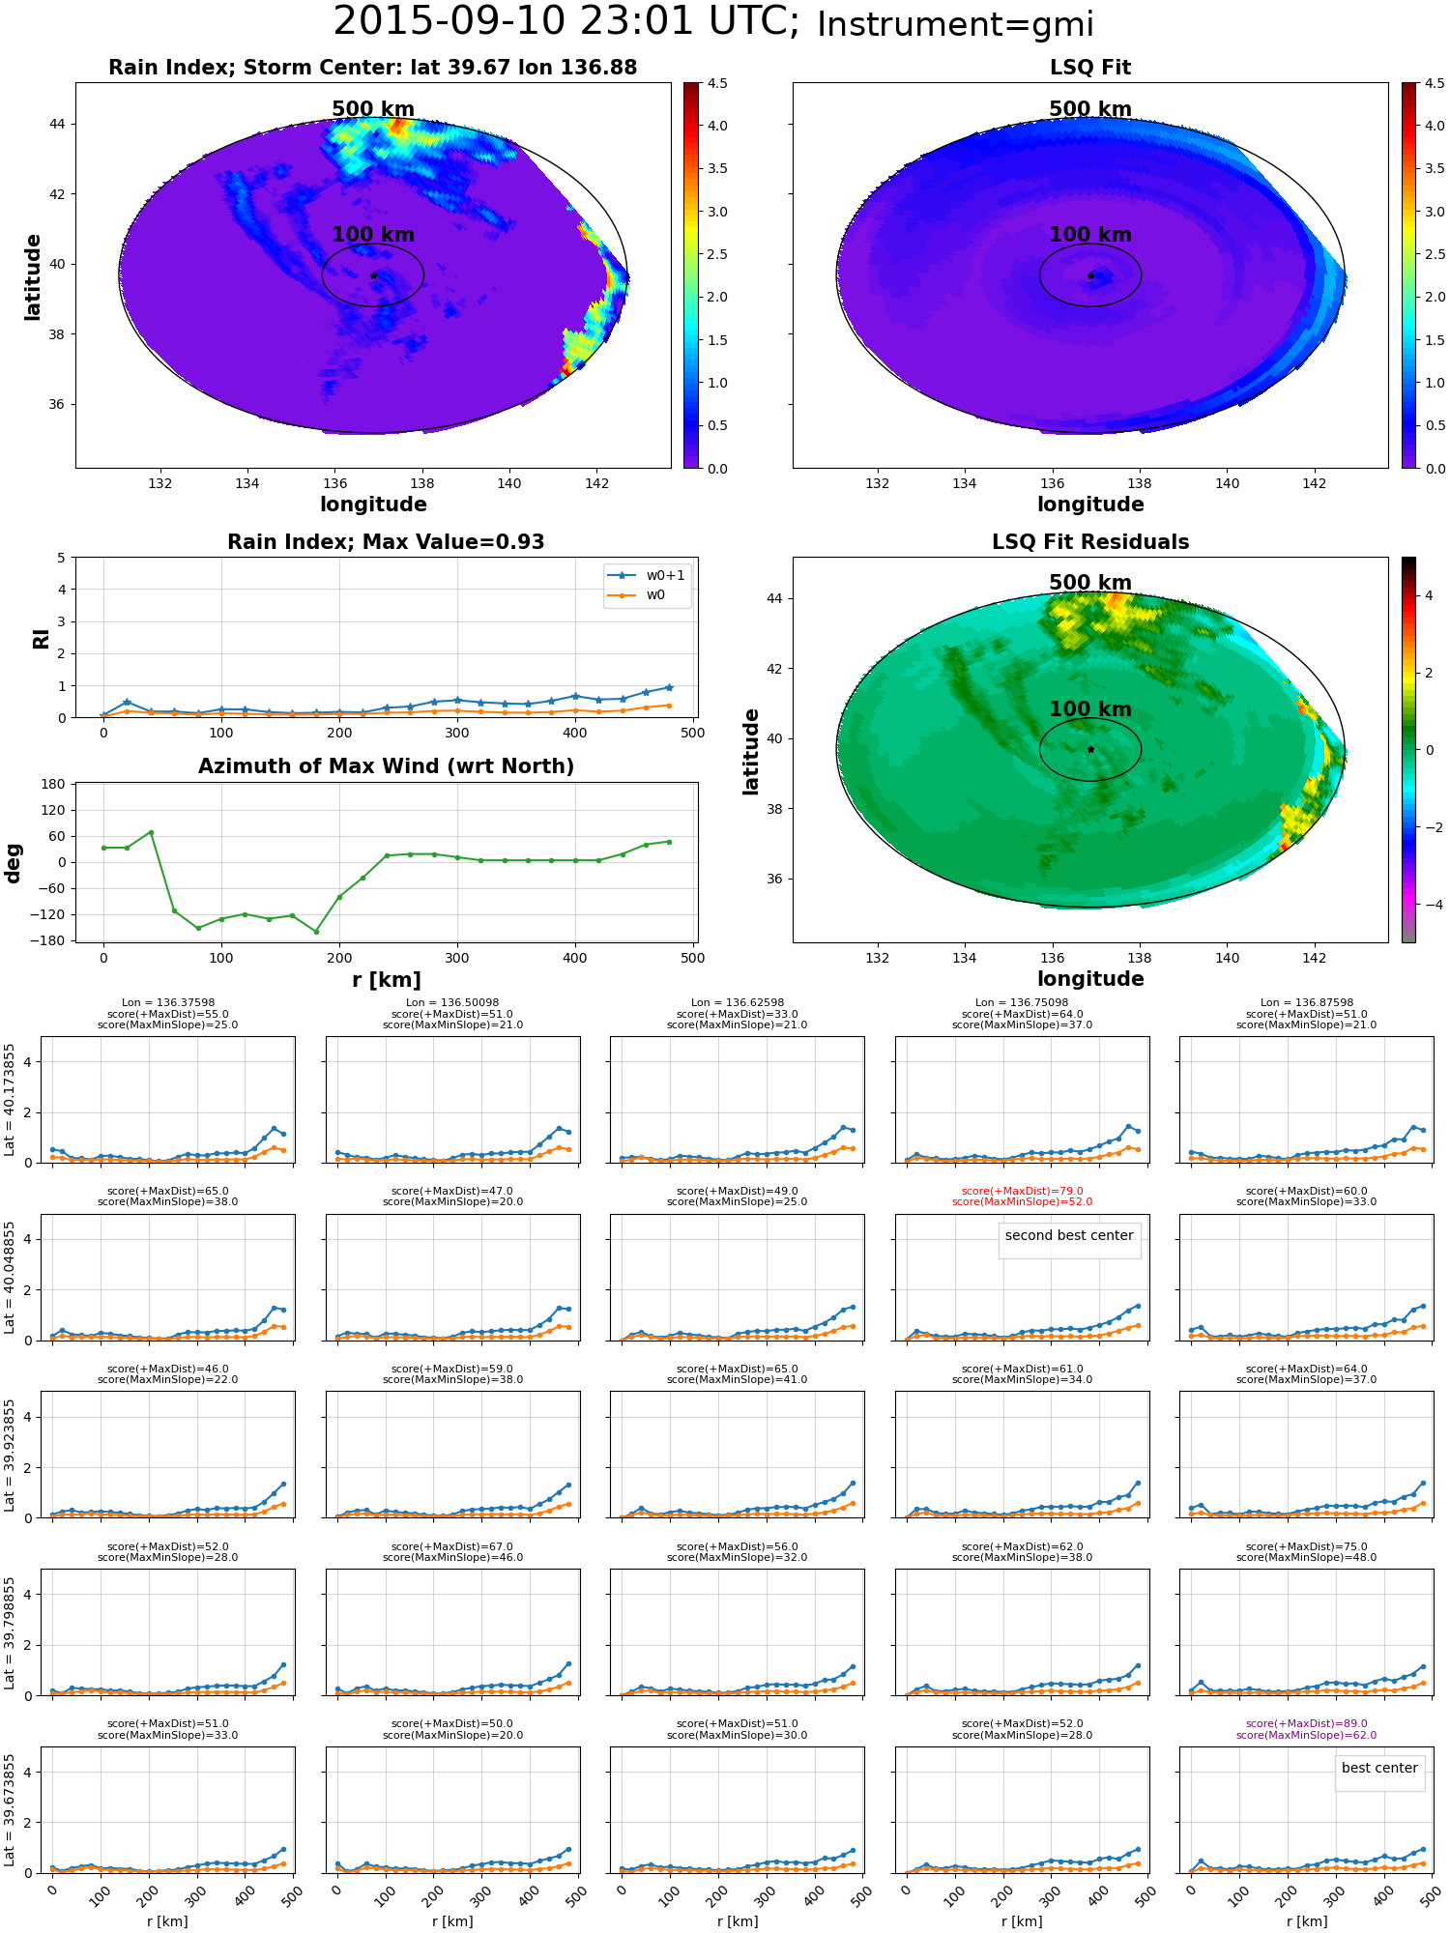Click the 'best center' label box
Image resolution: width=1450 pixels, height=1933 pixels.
[x=1379, y=1769]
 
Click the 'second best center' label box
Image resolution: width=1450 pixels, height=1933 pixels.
[x=1069, y=1236]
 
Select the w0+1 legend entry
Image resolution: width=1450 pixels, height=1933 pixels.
[x=647, y=575]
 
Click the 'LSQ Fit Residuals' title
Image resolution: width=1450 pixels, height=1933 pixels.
[x=1090, y=542]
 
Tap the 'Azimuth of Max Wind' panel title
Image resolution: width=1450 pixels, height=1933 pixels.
[x=386, y=766]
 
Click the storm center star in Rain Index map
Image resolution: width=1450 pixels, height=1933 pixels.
[x=373, y=275]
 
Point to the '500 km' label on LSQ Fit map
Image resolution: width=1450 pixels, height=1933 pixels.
[x=1090, y=109]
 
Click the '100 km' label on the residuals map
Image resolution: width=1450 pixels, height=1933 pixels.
[x=1090, y=709]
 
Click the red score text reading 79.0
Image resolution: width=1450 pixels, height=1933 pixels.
[x=1022, y=1191]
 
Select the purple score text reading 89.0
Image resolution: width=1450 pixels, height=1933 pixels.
[x=1306, y=1723]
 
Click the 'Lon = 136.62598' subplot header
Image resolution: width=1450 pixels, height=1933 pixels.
[x=738, y=1002]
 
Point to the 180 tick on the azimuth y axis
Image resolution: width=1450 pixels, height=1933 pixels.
[x=53, y=784]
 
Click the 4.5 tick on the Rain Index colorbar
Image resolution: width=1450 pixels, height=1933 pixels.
[x=717, y=83]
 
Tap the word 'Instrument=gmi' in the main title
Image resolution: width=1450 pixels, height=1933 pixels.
[x=955, y=24]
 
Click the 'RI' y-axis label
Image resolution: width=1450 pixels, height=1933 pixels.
[x=41, y=638]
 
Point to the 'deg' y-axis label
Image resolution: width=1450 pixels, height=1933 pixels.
[x=13, y=863]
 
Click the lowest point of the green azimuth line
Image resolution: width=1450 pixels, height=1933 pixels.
[x=315, y=932]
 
